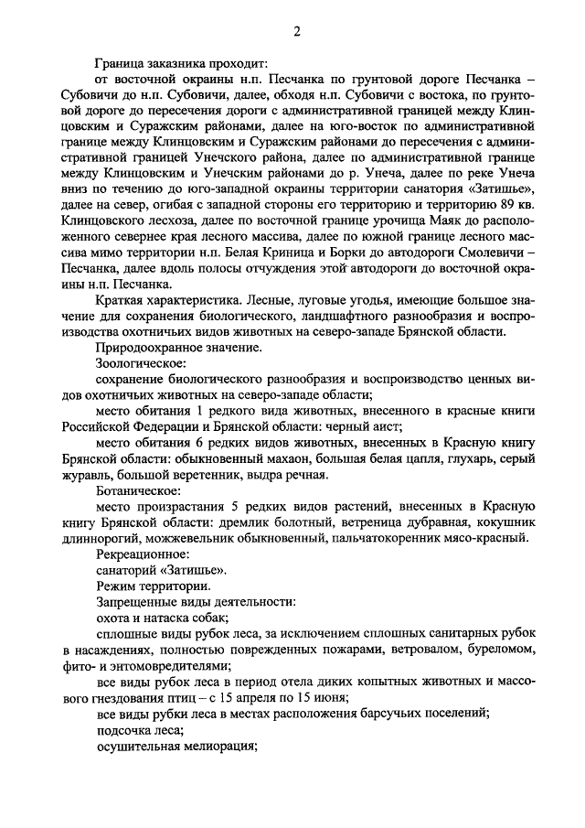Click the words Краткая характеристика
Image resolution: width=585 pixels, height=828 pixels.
pos(168,300)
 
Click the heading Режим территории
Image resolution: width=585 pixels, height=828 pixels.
pos(153,586)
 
